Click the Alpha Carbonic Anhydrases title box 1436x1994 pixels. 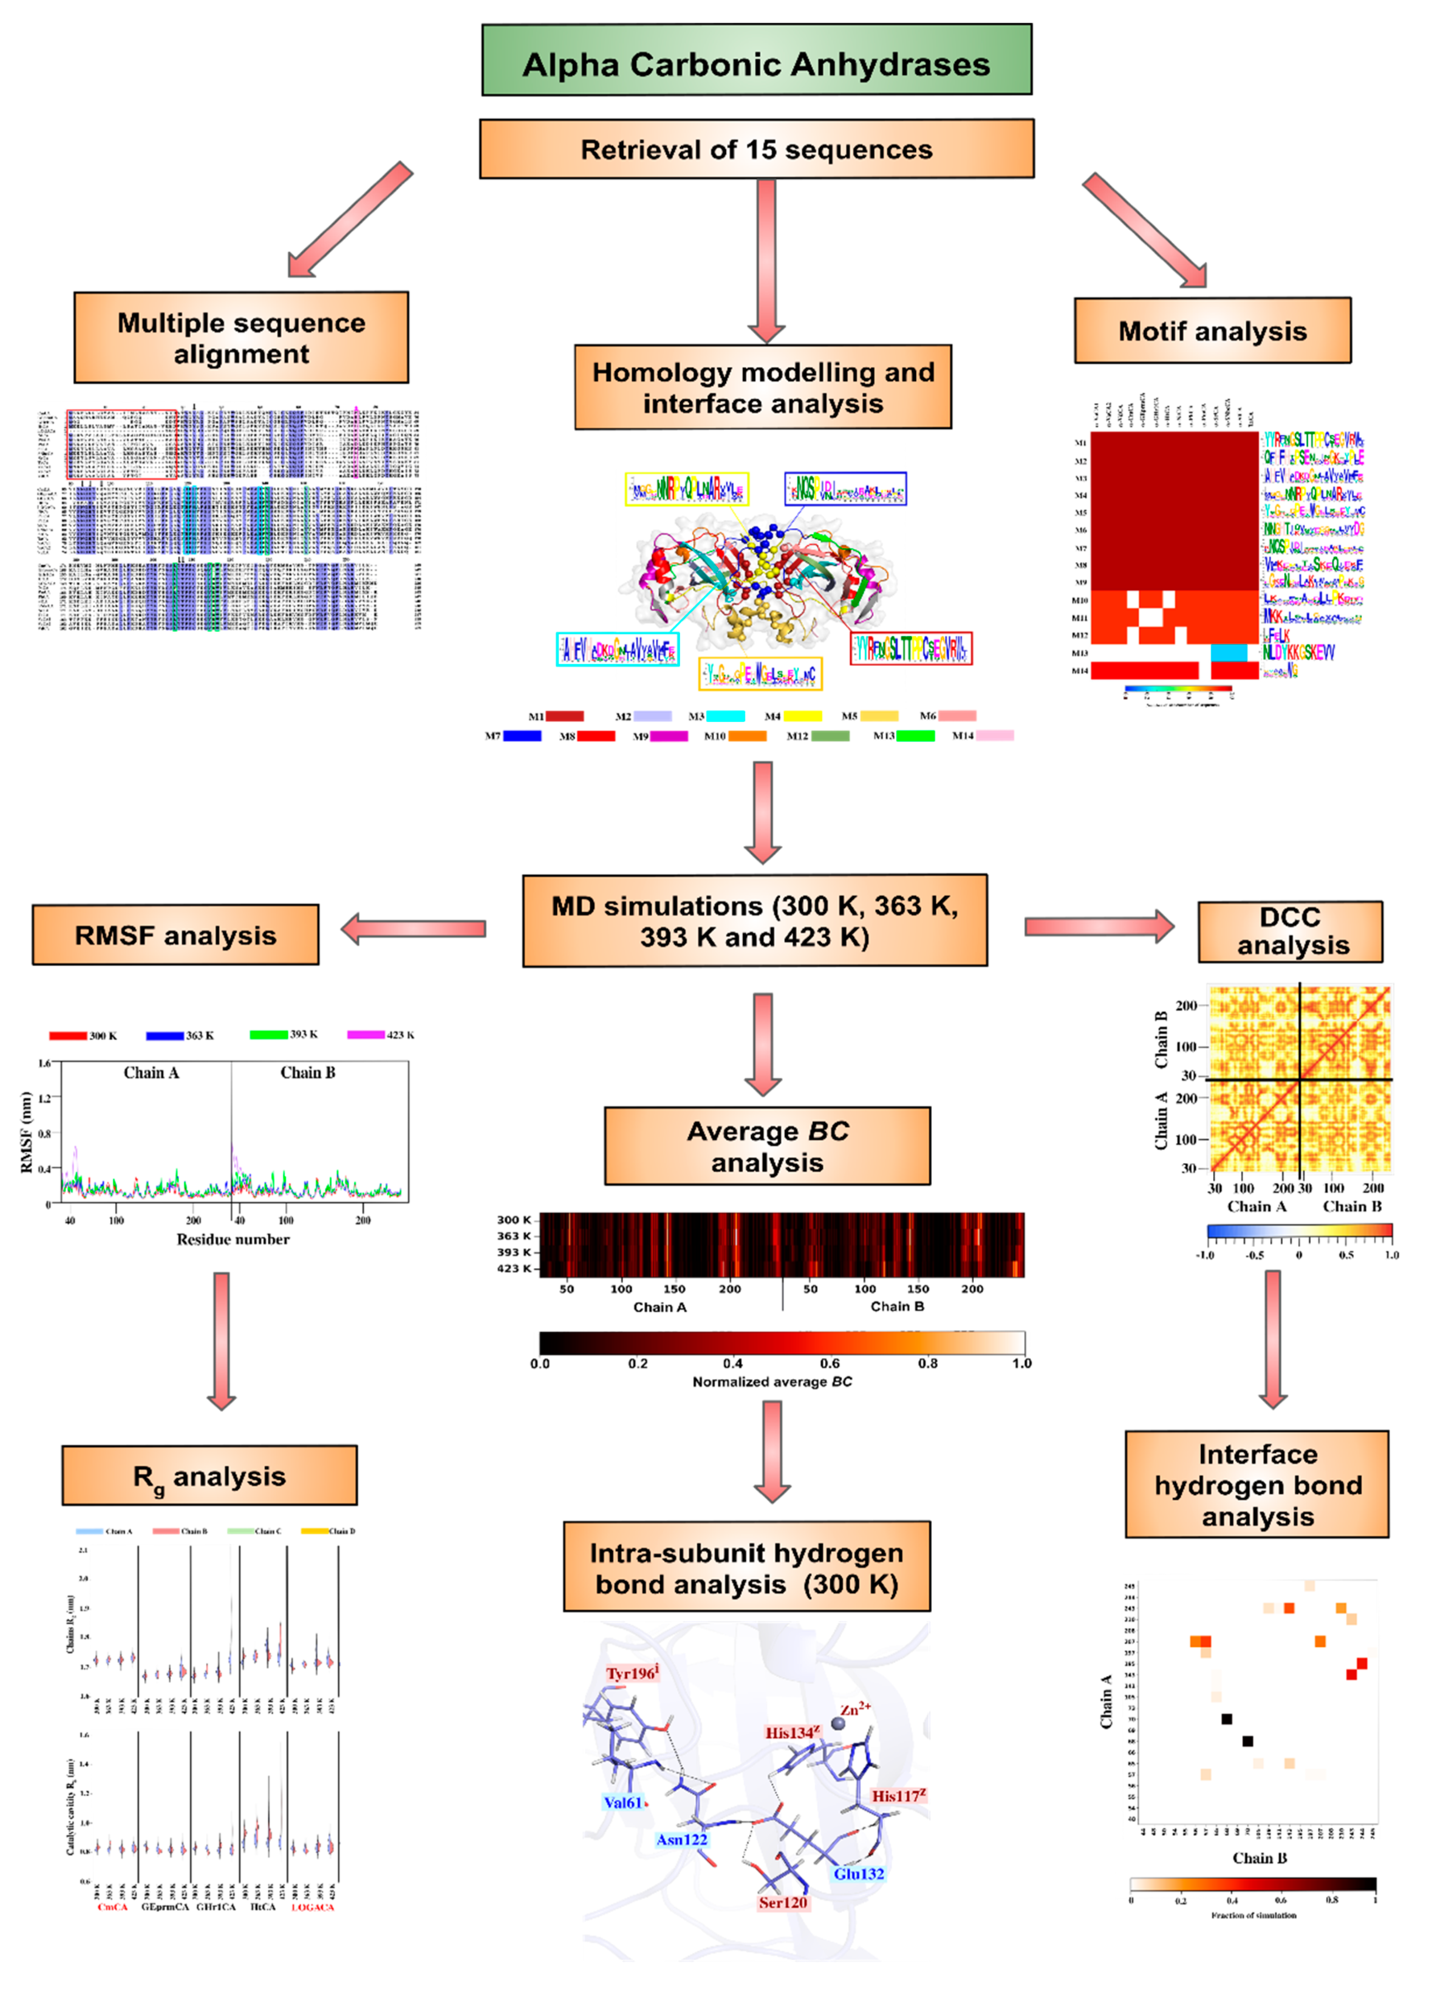pyautogui.click(x=756, y=60)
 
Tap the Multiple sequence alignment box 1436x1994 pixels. pyautogui.click(x=241, y=338)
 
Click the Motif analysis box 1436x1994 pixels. pyautogui.click(x=1212, y=330)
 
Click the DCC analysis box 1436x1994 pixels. pyautogui.click(x=1290, y=931)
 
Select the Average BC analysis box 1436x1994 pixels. pyautogui.click(x=767, y=1146)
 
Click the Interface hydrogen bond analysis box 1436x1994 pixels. pyautogui.click(x=1257, y=1485)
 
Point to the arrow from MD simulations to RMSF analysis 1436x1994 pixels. pyautogui.click(x=413, y=928)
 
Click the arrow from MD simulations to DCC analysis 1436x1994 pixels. pyautogui.click(x=1099, y=926)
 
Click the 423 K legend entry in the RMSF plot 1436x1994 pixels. pyautogui.click(x=381, y=1035)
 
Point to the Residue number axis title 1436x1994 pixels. pyautogui.click(x=233, y=1239)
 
